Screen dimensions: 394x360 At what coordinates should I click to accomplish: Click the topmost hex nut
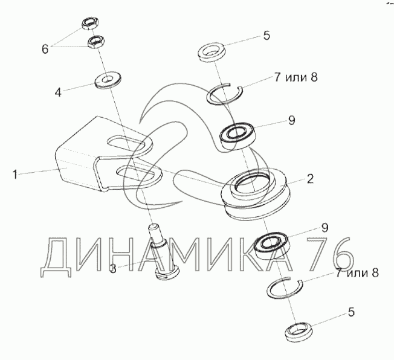(90, 24)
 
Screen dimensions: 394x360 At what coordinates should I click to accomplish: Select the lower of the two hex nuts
(96, 42)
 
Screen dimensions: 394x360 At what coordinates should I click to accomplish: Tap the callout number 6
(45, 49)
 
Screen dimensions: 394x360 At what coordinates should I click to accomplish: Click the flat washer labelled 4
(108, 81)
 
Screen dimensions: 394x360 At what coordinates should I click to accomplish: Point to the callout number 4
(58, 92)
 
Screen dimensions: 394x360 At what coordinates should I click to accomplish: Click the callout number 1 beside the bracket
(15, 175)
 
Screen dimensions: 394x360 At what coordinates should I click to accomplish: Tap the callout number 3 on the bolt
(114, 269)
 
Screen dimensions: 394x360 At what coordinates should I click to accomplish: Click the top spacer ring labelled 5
(211, 52)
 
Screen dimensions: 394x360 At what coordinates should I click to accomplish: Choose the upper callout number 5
(266, 36)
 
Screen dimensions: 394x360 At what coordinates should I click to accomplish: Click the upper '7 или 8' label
(295, 77)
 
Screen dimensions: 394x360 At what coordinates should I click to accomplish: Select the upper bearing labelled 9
(237, 135)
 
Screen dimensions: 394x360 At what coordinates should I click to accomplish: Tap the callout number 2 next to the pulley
(310, 179)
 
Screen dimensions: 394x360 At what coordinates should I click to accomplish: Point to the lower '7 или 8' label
(357, 272)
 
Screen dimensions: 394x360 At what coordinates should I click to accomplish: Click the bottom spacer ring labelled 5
(299, 332)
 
